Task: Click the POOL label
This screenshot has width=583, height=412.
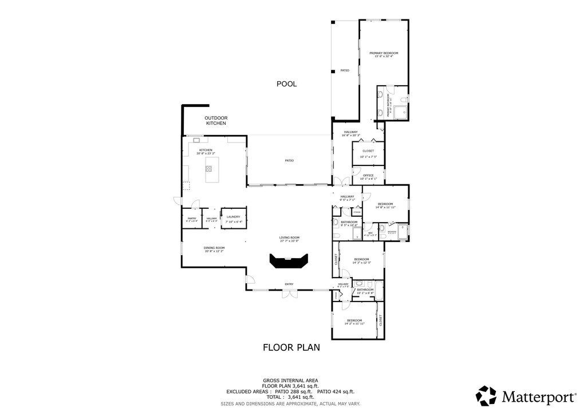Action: pyautogui.click(x=286, y=84)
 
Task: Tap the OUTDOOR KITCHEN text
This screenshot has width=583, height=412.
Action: pyautogui.click(x=216, y=121)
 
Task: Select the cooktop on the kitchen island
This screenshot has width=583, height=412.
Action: pyautogui.click(x=208, y=169)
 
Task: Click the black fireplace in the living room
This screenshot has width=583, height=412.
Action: pyautogui.click(x=289, y=262)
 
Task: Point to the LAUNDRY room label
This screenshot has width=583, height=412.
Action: pyautogui.click(x=233, y=217)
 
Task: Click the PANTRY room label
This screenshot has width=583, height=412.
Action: pyautogui.click(x=192, y=218)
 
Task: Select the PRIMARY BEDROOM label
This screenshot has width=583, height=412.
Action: pyautogui.click(x=384, y=53)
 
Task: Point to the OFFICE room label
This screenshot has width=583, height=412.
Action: pyautogui.click(x=368, y=176)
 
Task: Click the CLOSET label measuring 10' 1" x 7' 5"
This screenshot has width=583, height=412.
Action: pyautogui.click(x=368, y=151)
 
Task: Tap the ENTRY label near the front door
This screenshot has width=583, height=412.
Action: pyautogui.click(x=289, y=284)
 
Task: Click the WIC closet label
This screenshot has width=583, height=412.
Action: pyautogui.click(x=370, y=233)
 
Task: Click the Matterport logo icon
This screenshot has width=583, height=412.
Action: pyautogui.click(x=487, y=396)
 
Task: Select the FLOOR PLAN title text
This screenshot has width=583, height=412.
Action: pyautogui.click(x=291, y=347)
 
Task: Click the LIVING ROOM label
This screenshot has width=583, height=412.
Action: pyautogui.click(x=289, y=237)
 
